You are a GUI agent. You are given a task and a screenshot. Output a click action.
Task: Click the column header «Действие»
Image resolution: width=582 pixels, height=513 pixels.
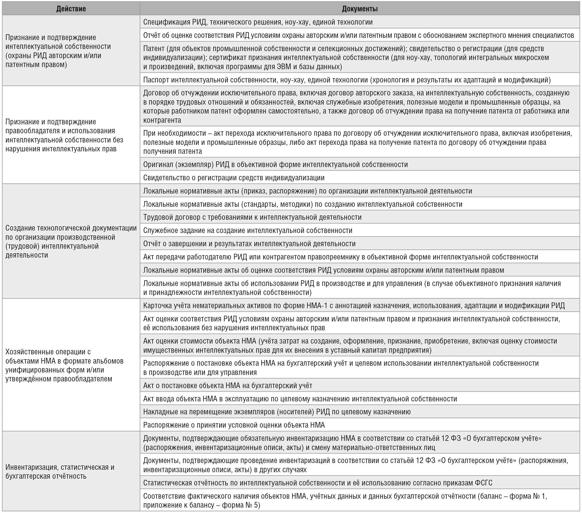71,9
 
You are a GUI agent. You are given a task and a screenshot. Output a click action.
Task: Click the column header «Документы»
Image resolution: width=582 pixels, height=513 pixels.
360,9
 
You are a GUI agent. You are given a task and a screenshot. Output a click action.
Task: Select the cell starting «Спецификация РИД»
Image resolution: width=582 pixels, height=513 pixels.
258,22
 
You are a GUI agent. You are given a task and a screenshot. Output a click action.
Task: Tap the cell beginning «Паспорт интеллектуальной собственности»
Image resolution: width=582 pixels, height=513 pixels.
347,80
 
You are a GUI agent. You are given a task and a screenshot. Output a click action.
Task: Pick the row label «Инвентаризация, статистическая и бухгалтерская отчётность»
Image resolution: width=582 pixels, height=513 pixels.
60,471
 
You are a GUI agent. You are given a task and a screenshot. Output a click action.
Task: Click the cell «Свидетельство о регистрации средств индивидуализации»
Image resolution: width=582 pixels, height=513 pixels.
234,178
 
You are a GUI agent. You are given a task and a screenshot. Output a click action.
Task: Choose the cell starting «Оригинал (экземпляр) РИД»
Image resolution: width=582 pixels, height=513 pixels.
275,165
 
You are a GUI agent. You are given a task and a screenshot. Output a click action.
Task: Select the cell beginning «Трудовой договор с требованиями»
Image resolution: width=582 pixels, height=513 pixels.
252,217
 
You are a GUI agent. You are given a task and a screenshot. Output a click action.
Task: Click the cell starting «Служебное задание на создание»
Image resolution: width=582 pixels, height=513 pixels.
248,230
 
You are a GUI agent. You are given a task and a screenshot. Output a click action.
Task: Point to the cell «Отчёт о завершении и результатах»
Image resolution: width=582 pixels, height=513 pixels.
250,244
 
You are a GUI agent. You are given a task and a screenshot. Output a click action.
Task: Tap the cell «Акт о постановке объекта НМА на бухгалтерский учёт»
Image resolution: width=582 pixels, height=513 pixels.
228,385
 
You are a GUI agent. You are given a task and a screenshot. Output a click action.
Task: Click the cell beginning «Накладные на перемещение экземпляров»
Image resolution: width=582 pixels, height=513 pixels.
277,412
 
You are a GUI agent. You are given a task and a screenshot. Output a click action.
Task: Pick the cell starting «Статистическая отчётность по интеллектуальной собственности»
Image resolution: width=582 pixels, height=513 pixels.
317,483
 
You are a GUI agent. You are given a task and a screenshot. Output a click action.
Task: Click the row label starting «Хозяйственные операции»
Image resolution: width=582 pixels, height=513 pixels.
64,365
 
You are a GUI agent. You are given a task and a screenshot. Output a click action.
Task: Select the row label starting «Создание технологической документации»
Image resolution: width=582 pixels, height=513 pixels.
71,241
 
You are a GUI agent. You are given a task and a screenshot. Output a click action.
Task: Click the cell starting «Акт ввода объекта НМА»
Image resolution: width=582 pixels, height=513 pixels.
300,399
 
